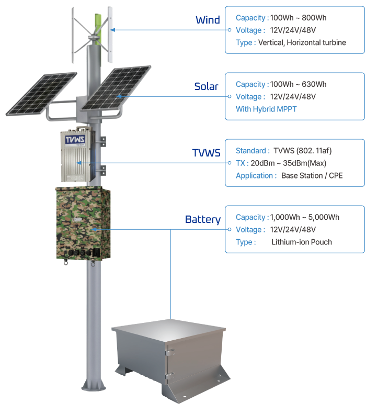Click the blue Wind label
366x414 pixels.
coord(207,20)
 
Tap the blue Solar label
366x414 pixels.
coord(206,86)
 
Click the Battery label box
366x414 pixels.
coord(202,219)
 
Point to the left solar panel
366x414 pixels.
coord(42,93)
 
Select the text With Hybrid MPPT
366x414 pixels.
coord(267,109)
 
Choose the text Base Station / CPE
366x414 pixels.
coord(312,176)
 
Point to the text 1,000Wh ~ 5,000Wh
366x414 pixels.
coord(305,217)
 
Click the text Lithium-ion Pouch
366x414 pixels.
coord(302,242)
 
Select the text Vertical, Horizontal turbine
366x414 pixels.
coord(302,43)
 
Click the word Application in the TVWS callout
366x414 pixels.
coord(255,176)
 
